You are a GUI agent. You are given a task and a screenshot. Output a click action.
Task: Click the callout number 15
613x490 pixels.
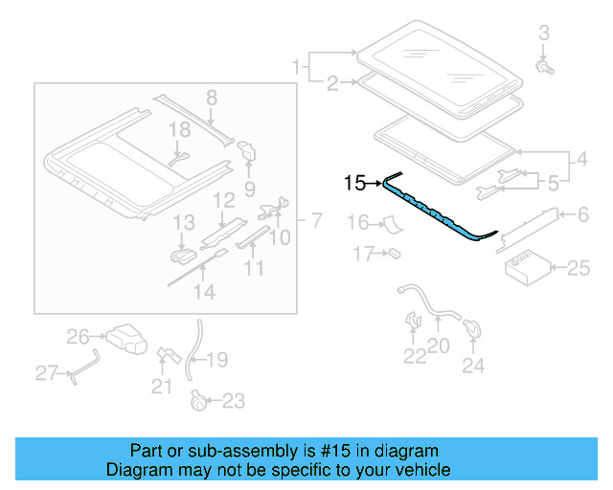click(x=354, y=182)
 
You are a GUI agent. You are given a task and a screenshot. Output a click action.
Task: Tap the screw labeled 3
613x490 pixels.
click(x=544, y=67)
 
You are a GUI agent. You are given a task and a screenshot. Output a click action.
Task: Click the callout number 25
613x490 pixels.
click(x=579, y=269)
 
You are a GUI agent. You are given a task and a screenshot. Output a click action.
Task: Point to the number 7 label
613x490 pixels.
click(x=315, y=222)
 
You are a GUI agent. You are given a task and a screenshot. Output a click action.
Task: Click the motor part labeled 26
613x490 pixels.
click(x=125, y=337)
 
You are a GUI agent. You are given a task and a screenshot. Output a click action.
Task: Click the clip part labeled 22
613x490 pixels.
click(x=414, y=323)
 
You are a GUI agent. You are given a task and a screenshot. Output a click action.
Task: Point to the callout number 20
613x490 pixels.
click(x=438, y=346)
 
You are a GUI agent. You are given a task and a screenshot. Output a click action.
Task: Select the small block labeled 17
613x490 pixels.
click(x=394, y=254)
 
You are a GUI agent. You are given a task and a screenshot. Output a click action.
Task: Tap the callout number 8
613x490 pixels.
click(x=212, y=97)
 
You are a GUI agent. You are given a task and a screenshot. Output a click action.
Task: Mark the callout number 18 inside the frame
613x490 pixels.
click(x=180, y=129)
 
